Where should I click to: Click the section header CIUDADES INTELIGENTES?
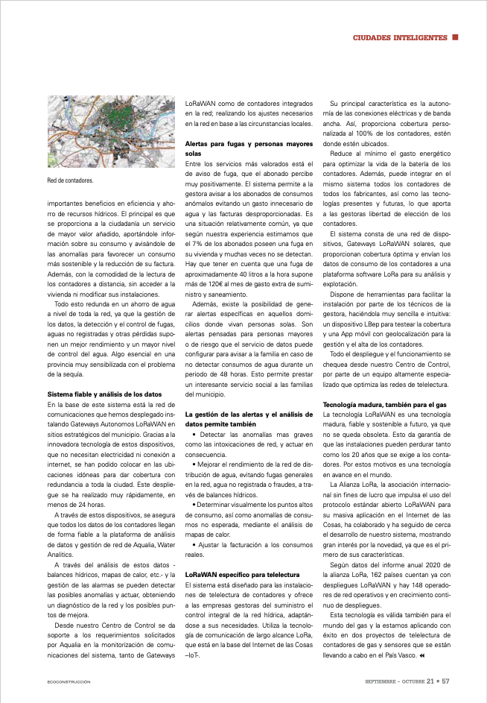(399, 37)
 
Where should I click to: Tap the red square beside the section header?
(455, 37)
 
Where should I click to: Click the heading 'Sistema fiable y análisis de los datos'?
(104, 393)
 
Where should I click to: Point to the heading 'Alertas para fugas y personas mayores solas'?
(249, 147)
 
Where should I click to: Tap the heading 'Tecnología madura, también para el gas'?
(384, 404)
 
